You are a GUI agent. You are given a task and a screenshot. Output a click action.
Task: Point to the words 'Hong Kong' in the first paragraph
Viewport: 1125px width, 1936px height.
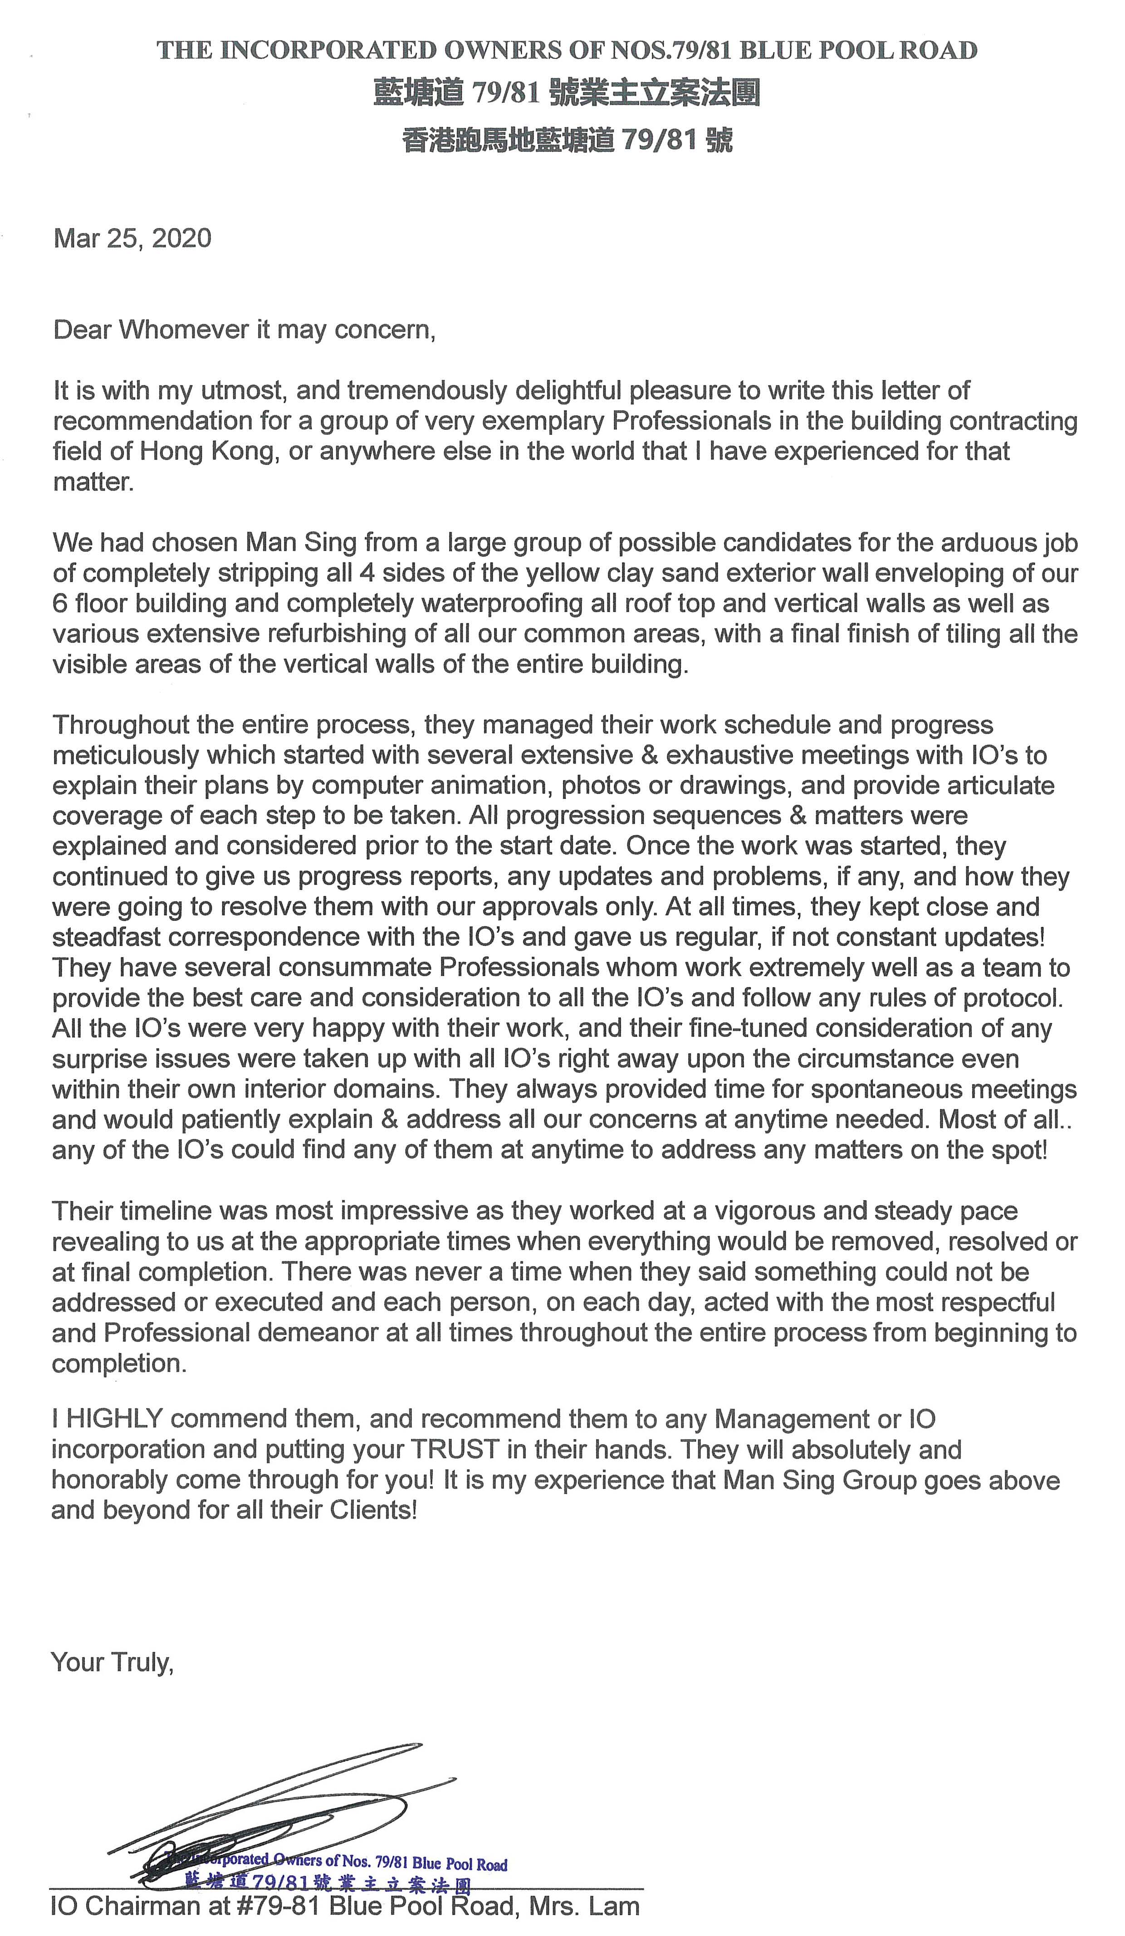207,451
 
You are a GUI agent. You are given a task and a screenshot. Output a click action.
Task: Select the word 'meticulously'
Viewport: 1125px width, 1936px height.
123,755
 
